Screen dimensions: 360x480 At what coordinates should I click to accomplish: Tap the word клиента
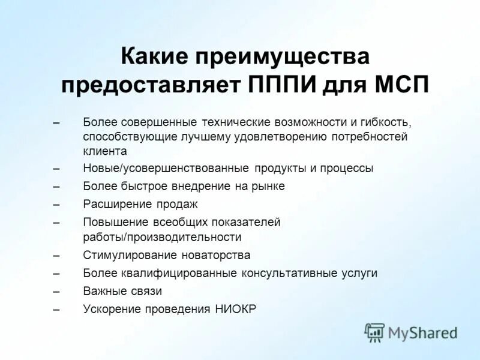pyautogui.click(x=105, y=151)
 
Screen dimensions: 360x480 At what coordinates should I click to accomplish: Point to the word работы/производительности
pyautogui.click(x=162, y=237)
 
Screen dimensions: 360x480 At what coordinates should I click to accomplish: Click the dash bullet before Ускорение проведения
pyautogui.click(x=56, y=309)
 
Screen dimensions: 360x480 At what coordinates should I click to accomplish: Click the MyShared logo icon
pyautogui.click(x=374, y=332)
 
